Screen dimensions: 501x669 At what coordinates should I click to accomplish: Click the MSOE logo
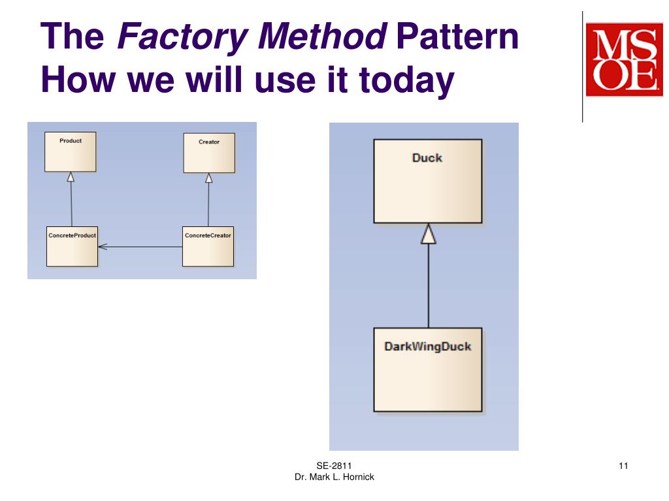(x=625, y=59)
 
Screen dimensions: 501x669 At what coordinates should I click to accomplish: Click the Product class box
(x=71, y=152)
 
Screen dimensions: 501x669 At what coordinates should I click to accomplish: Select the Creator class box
(x=209, y=153)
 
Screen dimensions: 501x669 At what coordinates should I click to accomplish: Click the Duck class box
(x=427, y=181)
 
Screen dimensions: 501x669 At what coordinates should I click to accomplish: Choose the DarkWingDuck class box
(x=427, y=369)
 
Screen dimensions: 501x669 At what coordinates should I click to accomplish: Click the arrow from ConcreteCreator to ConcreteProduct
(x=140, y=247)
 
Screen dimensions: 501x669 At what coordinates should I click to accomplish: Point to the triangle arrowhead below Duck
(x=428, y=234)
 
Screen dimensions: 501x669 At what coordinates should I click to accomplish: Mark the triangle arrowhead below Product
(x=71, y=177)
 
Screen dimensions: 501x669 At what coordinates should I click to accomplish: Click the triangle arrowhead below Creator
(x=209, y=177)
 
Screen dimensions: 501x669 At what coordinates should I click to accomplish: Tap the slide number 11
(x=623, y=465)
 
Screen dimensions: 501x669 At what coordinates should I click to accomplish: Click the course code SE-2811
(x=334, y=465)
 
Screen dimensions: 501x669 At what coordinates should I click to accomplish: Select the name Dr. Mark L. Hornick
(x=334, y=477)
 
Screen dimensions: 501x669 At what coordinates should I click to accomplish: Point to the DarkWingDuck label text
(x=427, y=346)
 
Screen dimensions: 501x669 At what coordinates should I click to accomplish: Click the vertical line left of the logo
(x=582, y=65)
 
